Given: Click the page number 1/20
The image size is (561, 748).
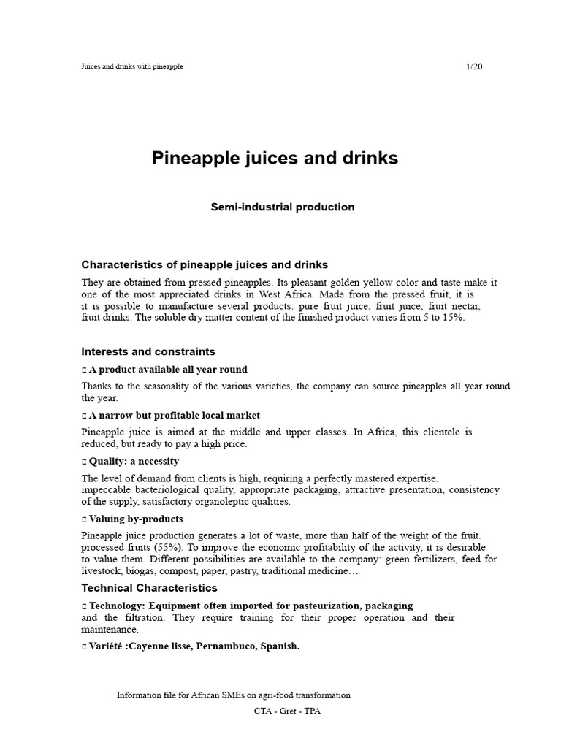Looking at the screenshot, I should pyautogui.click(x=474, y=66).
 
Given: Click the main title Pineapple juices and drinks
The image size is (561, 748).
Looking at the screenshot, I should pyautogui.click(x=275, y=159).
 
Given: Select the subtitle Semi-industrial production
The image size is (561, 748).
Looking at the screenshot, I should pyautogui.click(x=283, y=207).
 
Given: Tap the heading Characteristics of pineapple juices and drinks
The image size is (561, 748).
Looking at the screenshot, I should pyautogui.click(x=205, y=264).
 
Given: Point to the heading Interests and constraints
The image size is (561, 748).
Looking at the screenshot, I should pyautogui.click(x=148, y=351).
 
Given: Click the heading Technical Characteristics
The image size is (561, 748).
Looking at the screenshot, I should pyautogui.click(x=149, y=588).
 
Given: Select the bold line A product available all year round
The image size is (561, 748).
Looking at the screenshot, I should pyautogui.click(x=168, y=370).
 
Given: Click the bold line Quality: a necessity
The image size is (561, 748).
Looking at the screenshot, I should pyautogui.click(x=134, y=462).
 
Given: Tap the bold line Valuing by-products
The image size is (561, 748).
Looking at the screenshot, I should pyautogui.click(x=136, y=519).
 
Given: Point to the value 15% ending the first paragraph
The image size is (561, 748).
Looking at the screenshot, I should pyautogui.click(x=451, y=318).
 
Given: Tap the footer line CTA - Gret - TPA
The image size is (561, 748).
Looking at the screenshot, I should pyautogui.click(x=283, y=710).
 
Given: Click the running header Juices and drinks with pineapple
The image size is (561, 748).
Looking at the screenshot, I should pyautogui.click(x=132, y=66).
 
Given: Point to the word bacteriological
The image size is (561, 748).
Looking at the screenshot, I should pyautogui.click(x=169, y=490).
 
